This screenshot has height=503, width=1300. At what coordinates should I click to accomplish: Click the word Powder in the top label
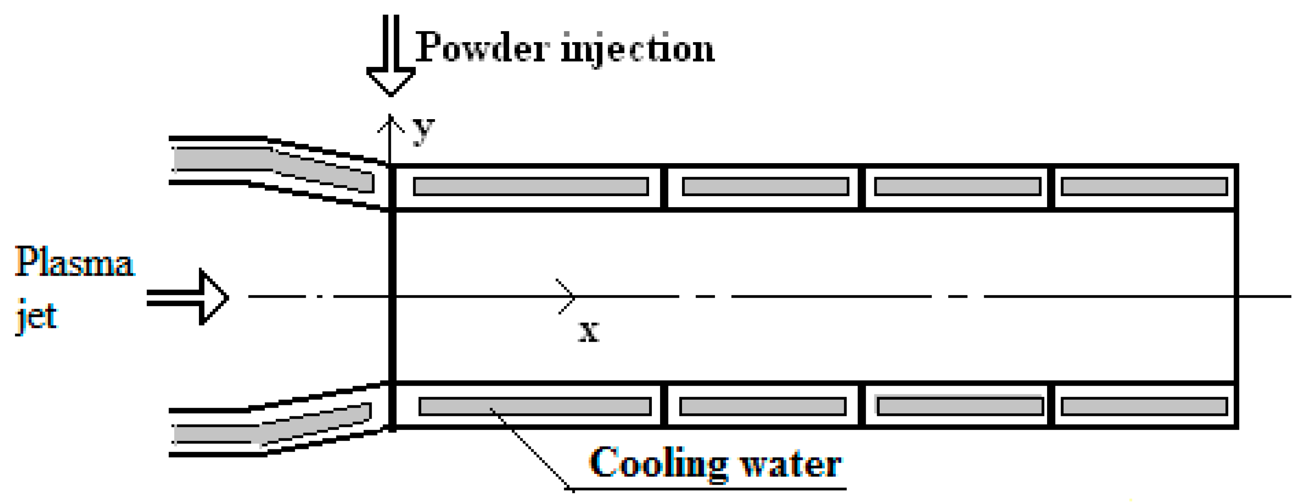tap(482, 48)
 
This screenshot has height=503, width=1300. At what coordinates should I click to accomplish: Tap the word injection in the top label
tap(639, 49)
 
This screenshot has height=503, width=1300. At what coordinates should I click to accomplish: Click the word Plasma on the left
tap(74, 262)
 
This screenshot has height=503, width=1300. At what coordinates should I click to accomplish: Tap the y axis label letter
tap(423, 130)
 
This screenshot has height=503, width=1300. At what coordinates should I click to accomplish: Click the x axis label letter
tap(589, 332)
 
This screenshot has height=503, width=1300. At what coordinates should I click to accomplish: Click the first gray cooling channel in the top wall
tap(531, 186)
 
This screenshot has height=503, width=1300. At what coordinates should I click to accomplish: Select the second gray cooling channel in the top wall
tap(765, 186)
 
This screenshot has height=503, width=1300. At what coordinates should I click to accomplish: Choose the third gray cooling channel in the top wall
tap(957, 186)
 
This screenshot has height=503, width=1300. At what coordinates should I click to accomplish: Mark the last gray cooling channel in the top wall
tap(1144, 186)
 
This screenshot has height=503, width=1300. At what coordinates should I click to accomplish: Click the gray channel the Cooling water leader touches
tap(534, 407)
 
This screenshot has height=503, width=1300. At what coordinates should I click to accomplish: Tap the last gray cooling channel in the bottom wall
tap(1144, 407)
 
